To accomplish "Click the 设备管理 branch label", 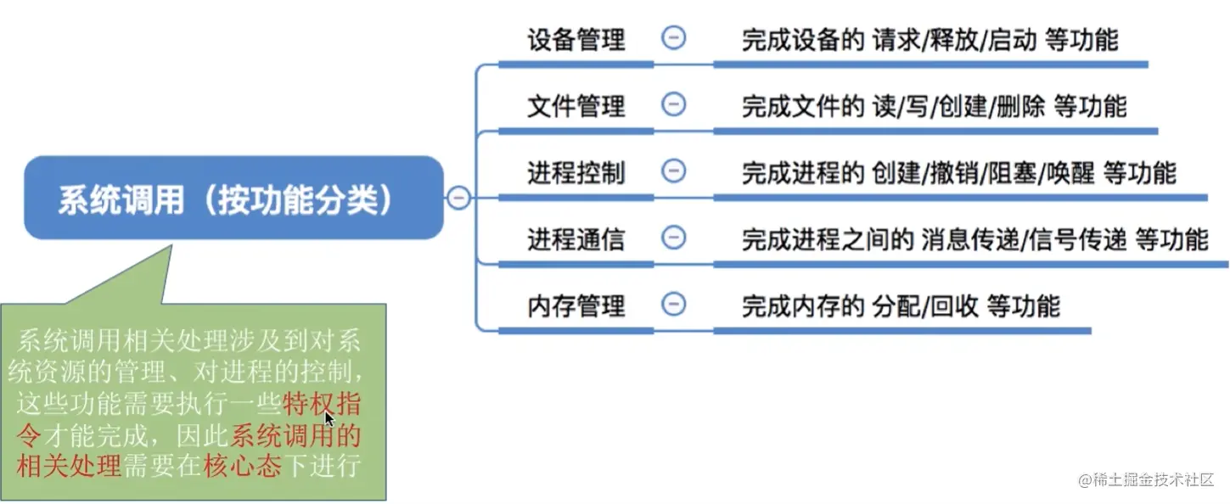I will pos(576,39).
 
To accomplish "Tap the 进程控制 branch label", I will pos(576,172).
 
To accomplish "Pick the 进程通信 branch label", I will pos(576,238).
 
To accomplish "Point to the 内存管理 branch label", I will pos(576,305).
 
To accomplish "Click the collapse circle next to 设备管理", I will pos(673,37).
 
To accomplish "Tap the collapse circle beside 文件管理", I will pos(673,104).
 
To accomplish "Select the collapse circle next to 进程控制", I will pos(673,171).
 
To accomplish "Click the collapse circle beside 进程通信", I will pos(673,238).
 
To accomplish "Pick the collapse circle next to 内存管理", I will pos(673,304).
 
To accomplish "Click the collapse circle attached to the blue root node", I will pos(458,198).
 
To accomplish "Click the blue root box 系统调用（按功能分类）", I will pos(233,198).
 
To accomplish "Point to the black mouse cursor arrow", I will pos(329,418).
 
